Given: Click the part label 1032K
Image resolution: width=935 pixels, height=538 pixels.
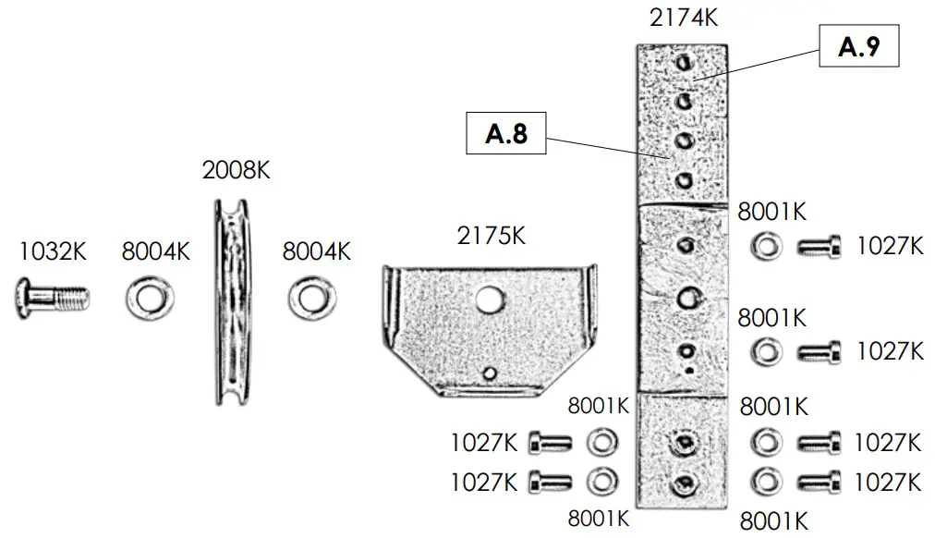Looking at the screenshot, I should click(x=53, y=251).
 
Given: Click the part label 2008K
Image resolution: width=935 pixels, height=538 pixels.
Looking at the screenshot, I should click(x=236, y=171).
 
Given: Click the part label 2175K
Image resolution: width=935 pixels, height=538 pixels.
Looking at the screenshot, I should click(x=492, y=236).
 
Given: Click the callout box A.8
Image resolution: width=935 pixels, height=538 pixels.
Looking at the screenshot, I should click(x=506, y=134).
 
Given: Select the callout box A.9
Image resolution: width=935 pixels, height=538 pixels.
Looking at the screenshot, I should click(x=858, y=48).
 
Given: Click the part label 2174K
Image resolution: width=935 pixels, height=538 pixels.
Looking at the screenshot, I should click(x=685, y=18).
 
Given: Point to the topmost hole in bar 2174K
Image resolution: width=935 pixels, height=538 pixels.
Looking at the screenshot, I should click(x=683, y=62).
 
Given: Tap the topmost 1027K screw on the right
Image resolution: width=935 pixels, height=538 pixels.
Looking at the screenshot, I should click(x=819, y=248).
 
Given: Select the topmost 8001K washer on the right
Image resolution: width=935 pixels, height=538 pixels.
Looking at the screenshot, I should click(x=765, y=248).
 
